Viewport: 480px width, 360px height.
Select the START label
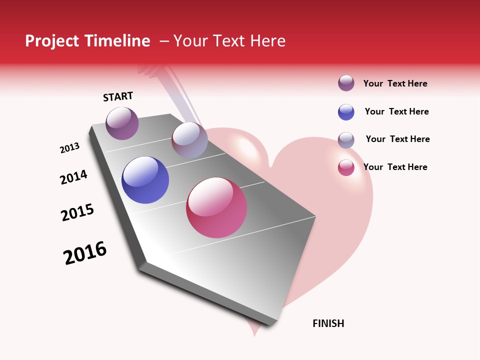pos(118,97)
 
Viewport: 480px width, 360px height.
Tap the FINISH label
pos(328,323)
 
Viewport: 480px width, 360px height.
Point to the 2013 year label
pos(70,148)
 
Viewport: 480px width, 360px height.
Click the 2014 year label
pos(74,177)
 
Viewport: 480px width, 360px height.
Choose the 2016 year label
pos(85,253)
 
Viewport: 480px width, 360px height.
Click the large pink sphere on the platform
pos(216,207)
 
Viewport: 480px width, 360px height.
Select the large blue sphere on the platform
pos(145,180)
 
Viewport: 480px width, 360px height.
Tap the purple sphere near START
pos(122,123)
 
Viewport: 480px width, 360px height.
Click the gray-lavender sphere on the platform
pos(189,140)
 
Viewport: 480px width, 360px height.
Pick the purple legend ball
pos(346,83)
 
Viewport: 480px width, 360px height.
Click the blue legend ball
pos(346,112)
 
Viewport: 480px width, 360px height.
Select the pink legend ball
pos(346,167)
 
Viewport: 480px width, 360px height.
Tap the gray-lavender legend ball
pos(346,140)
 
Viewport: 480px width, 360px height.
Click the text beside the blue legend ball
pos(396,111)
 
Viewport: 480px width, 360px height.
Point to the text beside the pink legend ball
pos(395,167)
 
